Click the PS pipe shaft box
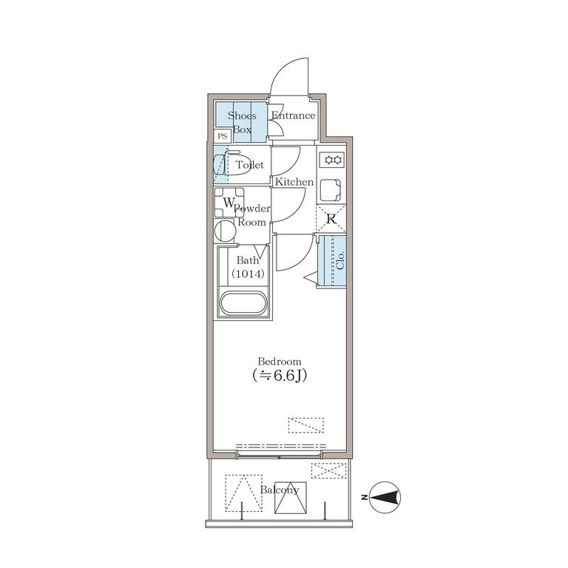pyautogui.click(x=223, y=136)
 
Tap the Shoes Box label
pyautogui.click(x=242, y=123)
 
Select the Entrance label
pyautogui.click(x=294, y=115)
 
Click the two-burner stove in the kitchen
pyautogui.click(x=332, y=160)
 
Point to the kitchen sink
pyautogui.click(x=331, y=190)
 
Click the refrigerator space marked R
pyautogui.click(x=331, y=219)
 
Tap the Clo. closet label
pyautogui.click(x=339, y=260)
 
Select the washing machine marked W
pyautogui.click(x=229, y=202)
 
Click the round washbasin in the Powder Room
pyautogui.click(x=225, y=231)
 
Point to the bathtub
pyautogui.click(x=243, y=303)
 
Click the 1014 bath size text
pyautogui.click(x=248, y=274)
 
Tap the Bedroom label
pyautogui.click(x=280, y=362)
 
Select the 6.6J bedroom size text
pyautogui.click(x=280, y=376)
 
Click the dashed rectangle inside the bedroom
pyautogui.click(x=306, y=425)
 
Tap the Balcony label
pyautogui.click(x=280, y=490)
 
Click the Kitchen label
pyautogui.click(x=294, y=182)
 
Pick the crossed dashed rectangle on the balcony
pyautogui.click(x=329, y=470)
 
